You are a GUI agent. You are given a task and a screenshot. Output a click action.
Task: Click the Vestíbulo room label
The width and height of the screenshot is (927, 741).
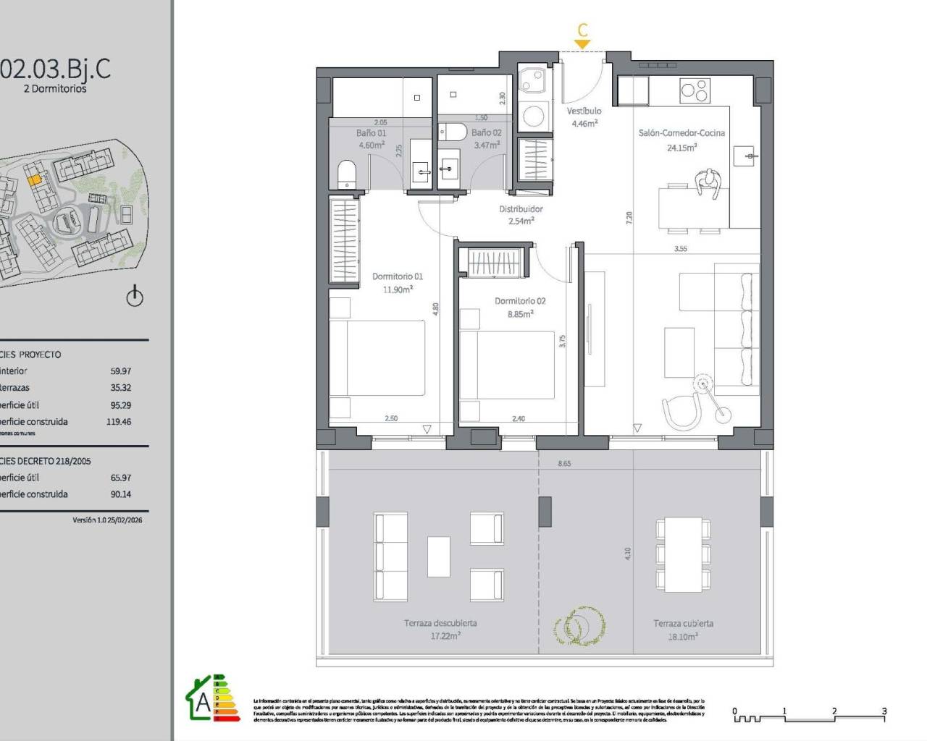click(584, 111)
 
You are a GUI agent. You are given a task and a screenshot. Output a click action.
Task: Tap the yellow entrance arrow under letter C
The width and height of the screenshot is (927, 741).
click(582, 44)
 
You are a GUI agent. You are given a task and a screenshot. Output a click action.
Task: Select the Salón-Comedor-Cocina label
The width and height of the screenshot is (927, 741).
click(681, 133)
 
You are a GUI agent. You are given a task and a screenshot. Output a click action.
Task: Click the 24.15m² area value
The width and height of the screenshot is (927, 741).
click(681, 148)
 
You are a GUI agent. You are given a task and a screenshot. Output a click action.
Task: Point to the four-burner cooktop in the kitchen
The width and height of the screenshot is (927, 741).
click(695, 90)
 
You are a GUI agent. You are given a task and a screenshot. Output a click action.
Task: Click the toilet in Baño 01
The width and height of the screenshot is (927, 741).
click(347, 174)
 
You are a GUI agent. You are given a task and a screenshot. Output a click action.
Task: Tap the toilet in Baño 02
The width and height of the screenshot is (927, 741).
click(452, 132)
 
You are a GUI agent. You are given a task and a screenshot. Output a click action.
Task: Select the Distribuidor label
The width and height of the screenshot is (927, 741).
click(521, 209)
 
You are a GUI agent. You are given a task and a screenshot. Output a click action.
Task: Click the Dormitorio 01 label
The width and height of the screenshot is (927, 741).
click(398, 276)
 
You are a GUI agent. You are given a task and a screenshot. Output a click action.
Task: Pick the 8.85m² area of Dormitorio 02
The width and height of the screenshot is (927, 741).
click(520, 314)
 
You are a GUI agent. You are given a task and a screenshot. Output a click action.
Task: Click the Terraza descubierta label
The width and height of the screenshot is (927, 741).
click(440, 623)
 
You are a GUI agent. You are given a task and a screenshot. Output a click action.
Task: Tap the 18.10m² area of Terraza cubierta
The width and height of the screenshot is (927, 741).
click(683, 637)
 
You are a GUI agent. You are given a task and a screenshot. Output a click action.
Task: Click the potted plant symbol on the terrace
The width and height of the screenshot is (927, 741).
click(579, 624)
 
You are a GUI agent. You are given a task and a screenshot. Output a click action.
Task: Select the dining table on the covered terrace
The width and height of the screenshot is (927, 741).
click(683, 554)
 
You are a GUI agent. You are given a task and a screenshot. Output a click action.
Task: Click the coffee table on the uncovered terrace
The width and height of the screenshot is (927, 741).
click(438, 556)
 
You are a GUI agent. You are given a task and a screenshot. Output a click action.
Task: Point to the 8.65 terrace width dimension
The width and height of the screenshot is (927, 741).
click(564, 463)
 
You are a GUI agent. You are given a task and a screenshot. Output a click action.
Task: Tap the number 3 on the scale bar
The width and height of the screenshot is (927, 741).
click(884, 711)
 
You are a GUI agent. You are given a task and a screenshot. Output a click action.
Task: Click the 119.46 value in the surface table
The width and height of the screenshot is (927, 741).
click(119, 422)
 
